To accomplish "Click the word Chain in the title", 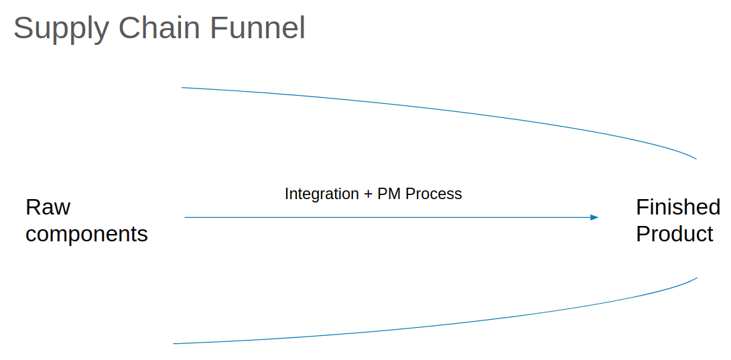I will (159, 28).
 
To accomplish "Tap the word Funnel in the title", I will (257, 28).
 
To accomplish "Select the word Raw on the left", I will (48, 207).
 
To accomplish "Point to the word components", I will (86, 234).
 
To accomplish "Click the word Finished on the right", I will (678, 207).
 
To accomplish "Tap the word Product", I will (675, 234).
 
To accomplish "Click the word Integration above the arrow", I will (322, 194).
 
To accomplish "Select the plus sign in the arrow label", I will (368, 194).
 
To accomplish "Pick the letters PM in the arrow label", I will (389, 194).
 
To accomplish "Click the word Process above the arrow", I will (434, 194).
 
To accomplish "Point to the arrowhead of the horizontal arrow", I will (594, 217).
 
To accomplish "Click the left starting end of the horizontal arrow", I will (186, 217).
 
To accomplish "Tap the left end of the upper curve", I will (182, 88).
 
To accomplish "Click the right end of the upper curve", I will (696, 159).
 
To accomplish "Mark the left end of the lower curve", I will (174, 343).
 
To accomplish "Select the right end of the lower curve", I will (697, 278).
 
